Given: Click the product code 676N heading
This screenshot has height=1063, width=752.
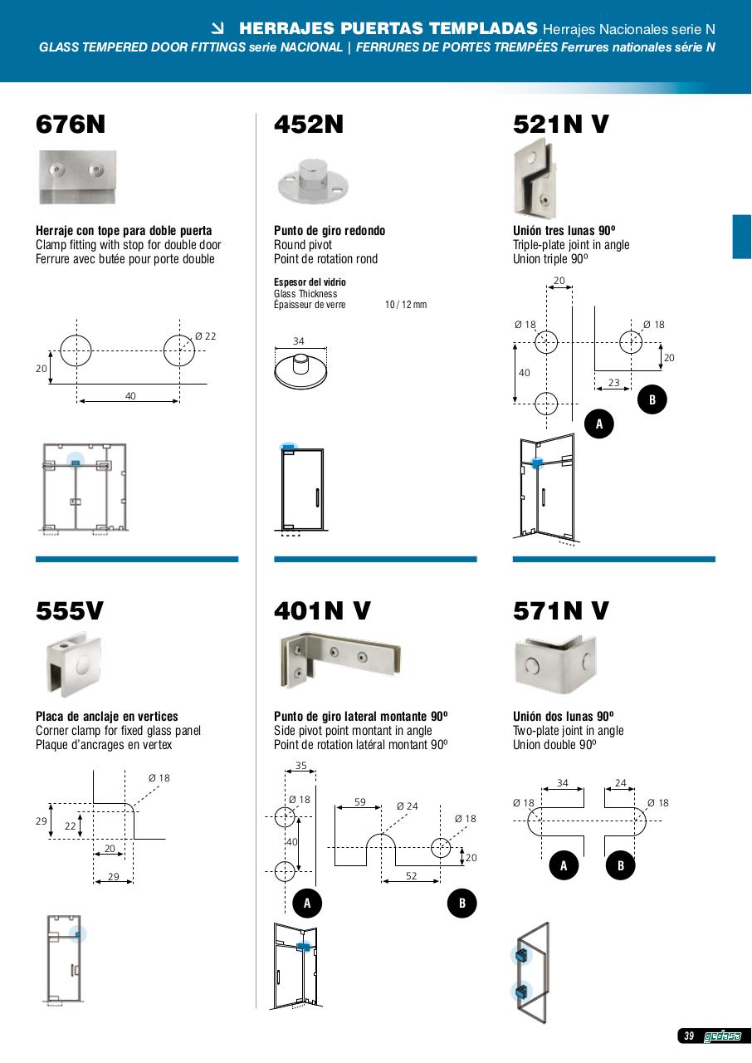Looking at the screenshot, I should tap(71, 125).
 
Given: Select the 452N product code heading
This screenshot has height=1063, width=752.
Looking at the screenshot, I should tap(309, 125).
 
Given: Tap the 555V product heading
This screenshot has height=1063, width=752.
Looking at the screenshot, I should tap(70, 611).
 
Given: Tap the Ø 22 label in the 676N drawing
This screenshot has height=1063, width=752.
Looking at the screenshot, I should tap(205, 336).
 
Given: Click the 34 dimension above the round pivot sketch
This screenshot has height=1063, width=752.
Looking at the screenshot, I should tap(299, 341).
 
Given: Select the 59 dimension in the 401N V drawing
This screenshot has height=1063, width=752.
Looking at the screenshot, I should tap(359, 802).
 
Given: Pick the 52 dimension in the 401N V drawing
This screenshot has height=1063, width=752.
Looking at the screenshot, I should tap(411, 876).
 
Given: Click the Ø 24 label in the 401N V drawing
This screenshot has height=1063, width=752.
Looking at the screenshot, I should tap(407, 806).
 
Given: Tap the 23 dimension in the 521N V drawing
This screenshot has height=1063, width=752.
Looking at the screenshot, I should tap(614, 383).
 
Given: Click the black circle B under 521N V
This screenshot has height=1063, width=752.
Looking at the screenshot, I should tap(652, 400).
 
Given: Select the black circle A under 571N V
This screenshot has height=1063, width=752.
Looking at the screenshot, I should tap(564, 866).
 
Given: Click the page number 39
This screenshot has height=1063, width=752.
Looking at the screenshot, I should tap(689, 1036).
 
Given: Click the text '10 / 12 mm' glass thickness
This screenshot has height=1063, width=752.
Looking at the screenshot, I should tap(406, 305).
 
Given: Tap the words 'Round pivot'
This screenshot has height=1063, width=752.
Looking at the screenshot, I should tap(303, 245).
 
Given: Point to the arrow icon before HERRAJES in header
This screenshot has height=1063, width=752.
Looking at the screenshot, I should tap(219, 30).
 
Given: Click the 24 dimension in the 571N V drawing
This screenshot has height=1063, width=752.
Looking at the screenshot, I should tap(621, 782).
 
